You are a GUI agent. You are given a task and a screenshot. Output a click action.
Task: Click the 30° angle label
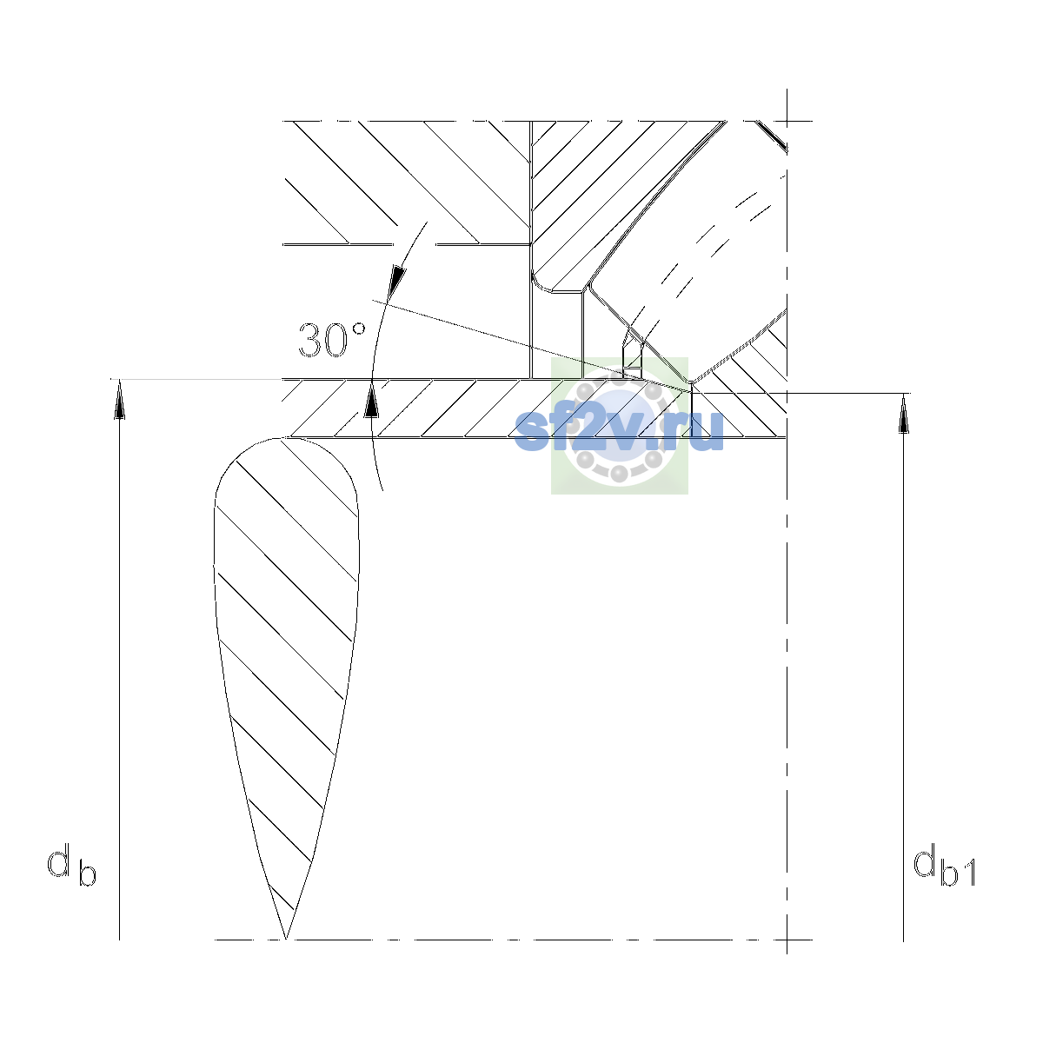coord(332,341)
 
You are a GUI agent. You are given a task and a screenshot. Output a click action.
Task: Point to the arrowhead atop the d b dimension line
coord(120,399)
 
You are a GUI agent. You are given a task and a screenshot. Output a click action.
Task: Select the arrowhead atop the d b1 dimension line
coord(903,414)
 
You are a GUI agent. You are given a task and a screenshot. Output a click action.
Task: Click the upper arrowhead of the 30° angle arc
coord(397,281)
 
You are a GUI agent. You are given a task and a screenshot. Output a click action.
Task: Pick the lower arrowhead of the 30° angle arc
coord(371,399)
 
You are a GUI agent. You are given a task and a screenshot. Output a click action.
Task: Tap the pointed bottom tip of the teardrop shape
coord(286,939)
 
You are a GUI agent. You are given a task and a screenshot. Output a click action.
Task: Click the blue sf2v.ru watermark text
coord(619,430)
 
